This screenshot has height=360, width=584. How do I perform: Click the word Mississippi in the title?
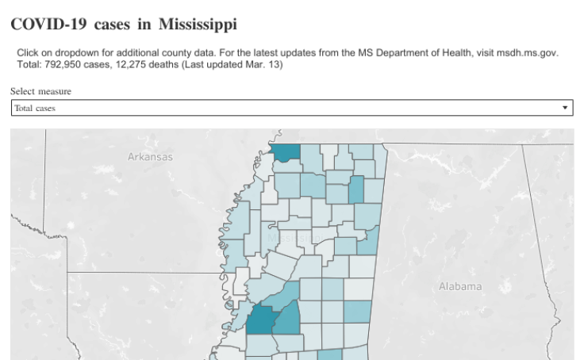197,25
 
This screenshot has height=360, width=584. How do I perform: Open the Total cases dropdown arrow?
565,107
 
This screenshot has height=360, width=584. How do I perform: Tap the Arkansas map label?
150,157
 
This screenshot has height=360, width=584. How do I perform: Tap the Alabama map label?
460,286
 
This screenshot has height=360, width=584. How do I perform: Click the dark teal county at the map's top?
286,152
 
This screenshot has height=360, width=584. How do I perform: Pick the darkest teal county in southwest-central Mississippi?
259,320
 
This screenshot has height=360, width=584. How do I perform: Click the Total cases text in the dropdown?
35,108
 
